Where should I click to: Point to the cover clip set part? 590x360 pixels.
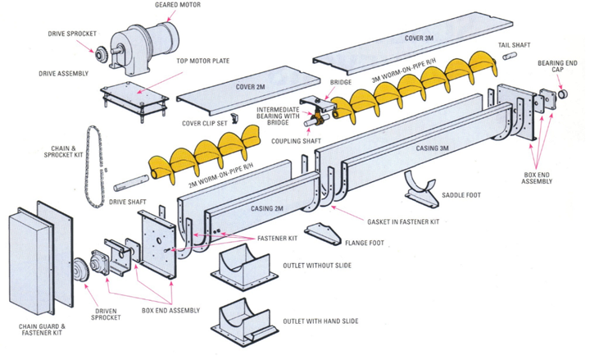pos(232,120)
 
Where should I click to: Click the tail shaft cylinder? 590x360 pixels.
pos(508,57)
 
